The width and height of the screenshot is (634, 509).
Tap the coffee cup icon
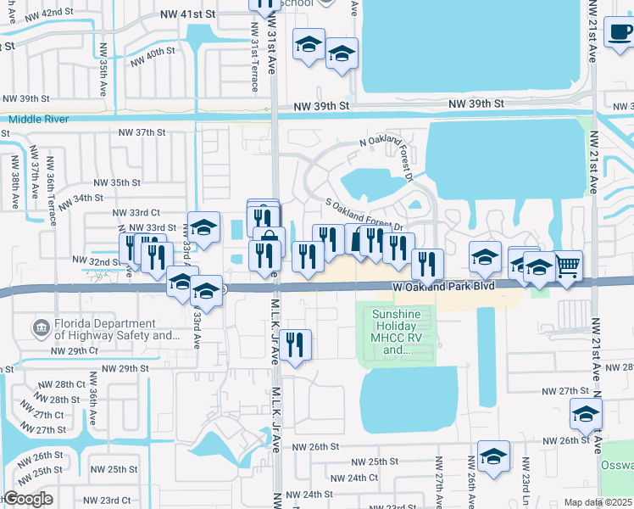(620, 33)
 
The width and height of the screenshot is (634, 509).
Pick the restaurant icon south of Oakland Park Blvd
(295, 344)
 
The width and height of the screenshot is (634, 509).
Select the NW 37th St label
(141, 132)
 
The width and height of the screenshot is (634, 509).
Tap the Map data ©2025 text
(598, 502)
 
